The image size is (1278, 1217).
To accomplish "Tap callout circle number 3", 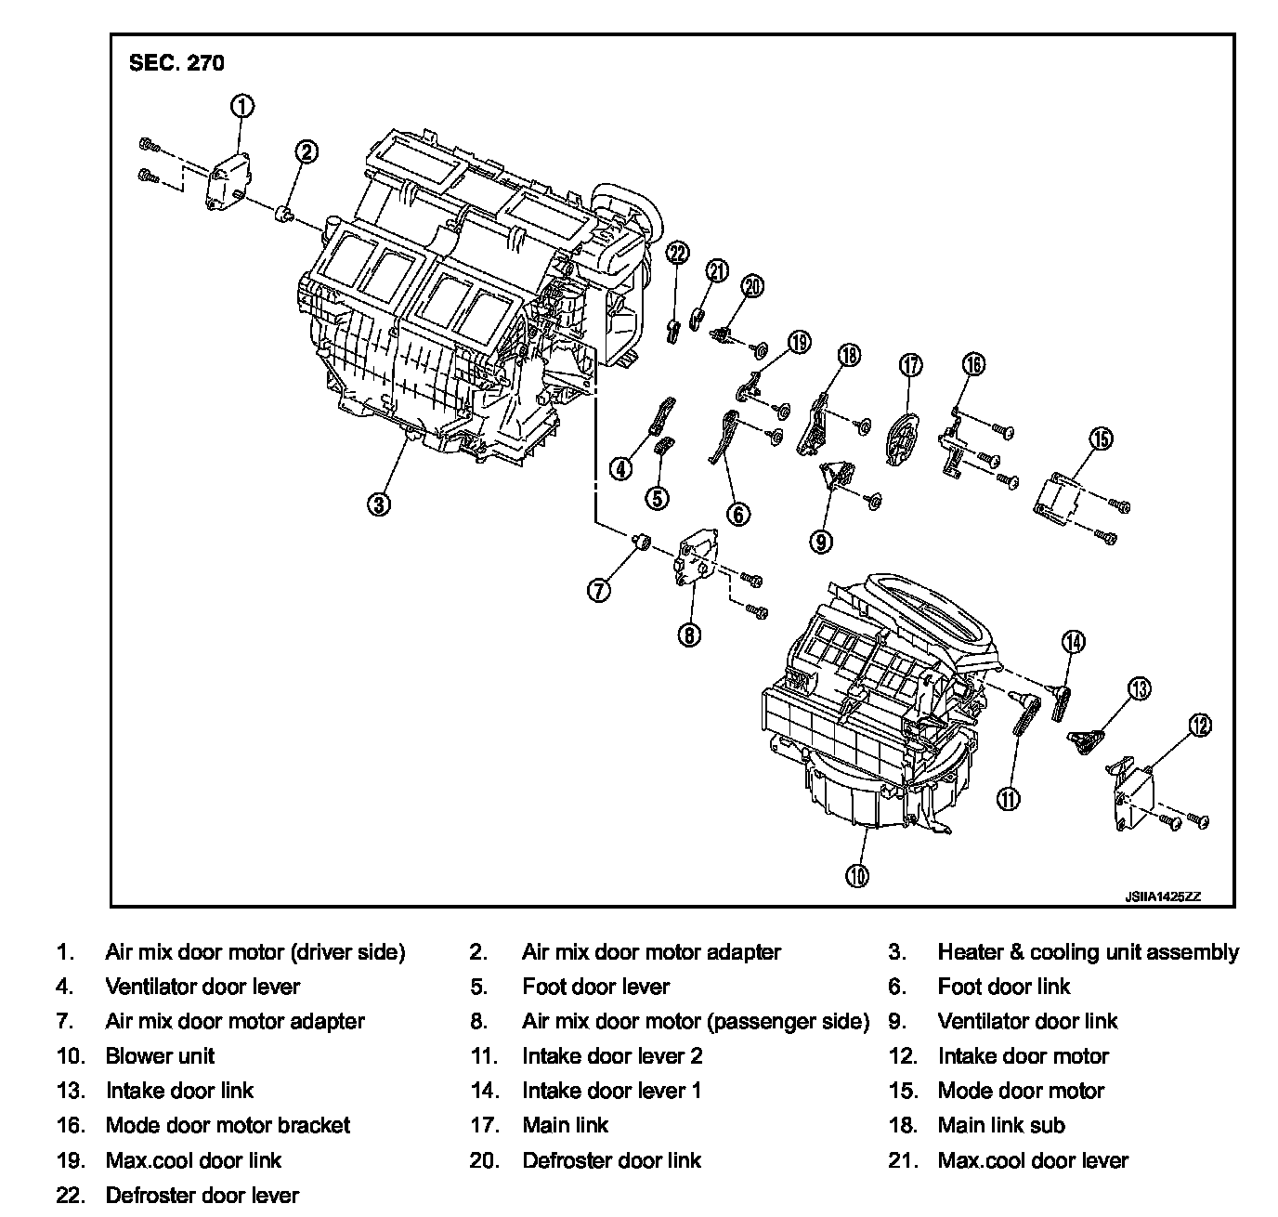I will [x=379, y=504].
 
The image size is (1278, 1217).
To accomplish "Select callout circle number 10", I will [x=857, y=874].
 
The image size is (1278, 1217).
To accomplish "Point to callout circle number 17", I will [x=911, y=364].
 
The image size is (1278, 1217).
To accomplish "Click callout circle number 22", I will [x=678, y=253].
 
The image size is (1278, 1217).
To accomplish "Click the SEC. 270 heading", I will [x=176, y=63].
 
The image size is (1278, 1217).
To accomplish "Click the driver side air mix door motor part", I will [x=227, y=182].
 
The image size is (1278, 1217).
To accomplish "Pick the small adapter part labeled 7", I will [x=639, y=541].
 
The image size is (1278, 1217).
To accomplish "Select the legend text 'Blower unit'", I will [x=160, y=1056].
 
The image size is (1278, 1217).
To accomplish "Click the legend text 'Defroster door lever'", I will [x=202, y=1195].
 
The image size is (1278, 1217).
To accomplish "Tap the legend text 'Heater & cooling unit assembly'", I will [x=1088, y=952].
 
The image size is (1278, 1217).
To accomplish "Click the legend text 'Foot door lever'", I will [x=595, y=987].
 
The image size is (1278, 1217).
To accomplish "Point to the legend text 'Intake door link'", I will [x=179, y=1091].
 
